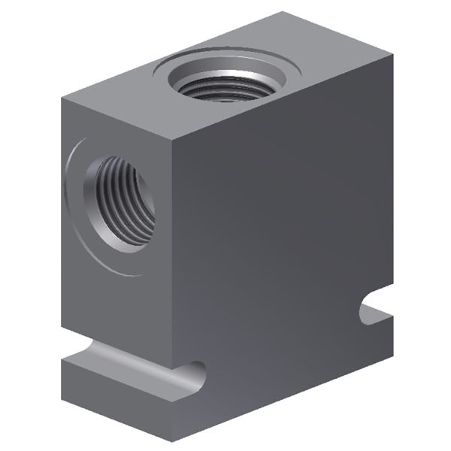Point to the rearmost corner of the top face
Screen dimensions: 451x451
coord(283,13)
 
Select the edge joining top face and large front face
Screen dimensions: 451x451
coord(282,102)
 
